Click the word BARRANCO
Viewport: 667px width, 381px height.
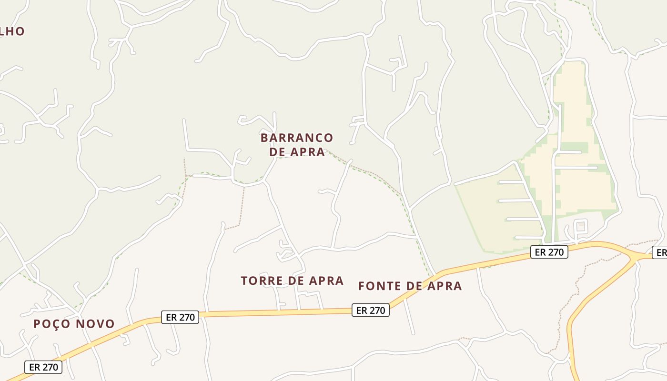tap(297, 138)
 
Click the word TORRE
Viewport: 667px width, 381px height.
tap(262, 281)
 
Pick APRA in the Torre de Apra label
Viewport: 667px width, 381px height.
tap(326, 281)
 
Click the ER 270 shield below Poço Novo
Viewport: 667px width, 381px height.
tap(43, 367)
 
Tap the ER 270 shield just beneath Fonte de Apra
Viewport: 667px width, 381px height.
tap(371, 311)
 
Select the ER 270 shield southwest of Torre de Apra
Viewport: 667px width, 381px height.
tap(180, 317)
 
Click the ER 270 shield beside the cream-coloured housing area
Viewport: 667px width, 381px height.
tap(549, 252)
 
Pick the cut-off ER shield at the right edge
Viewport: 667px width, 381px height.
tap(660, 253)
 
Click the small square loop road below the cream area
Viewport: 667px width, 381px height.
tap(580, 225)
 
